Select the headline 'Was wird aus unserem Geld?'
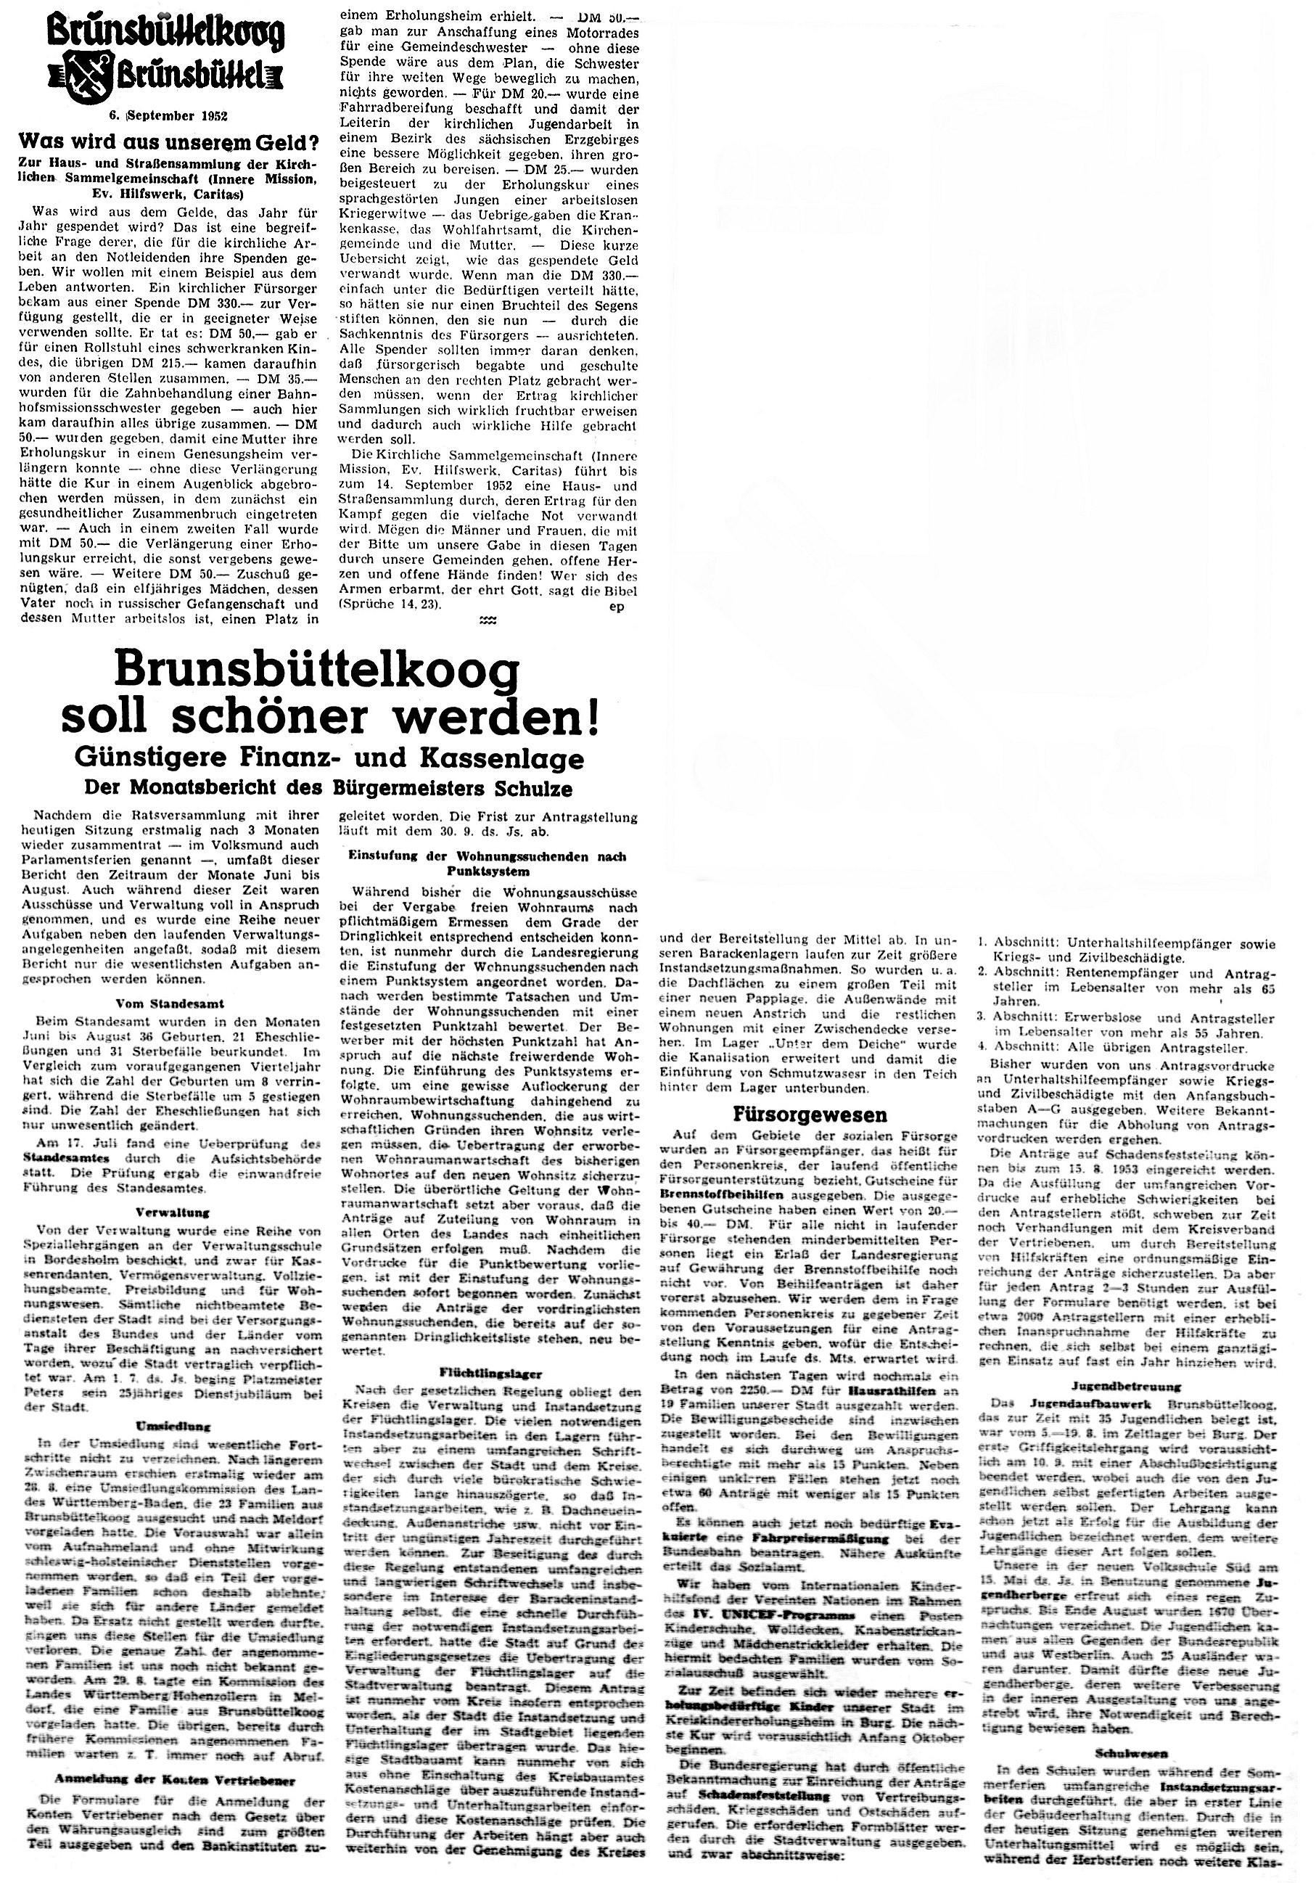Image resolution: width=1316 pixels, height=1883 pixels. click(168, 140)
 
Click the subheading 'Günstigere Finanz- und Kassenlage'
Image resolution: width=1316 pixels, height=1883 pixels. click(330, 758)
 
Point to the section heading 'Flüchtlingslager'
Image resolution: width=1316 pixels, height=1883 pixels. click(490, 1371)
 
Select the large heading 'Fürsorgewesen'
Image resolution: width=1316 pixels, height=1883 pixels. click(810, 1115)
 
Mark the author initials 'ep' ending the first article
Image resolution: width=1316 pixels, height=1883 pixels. click(617, 606)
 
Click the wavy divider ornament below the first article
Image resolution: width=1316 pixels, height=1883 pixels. click(488, 622)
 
